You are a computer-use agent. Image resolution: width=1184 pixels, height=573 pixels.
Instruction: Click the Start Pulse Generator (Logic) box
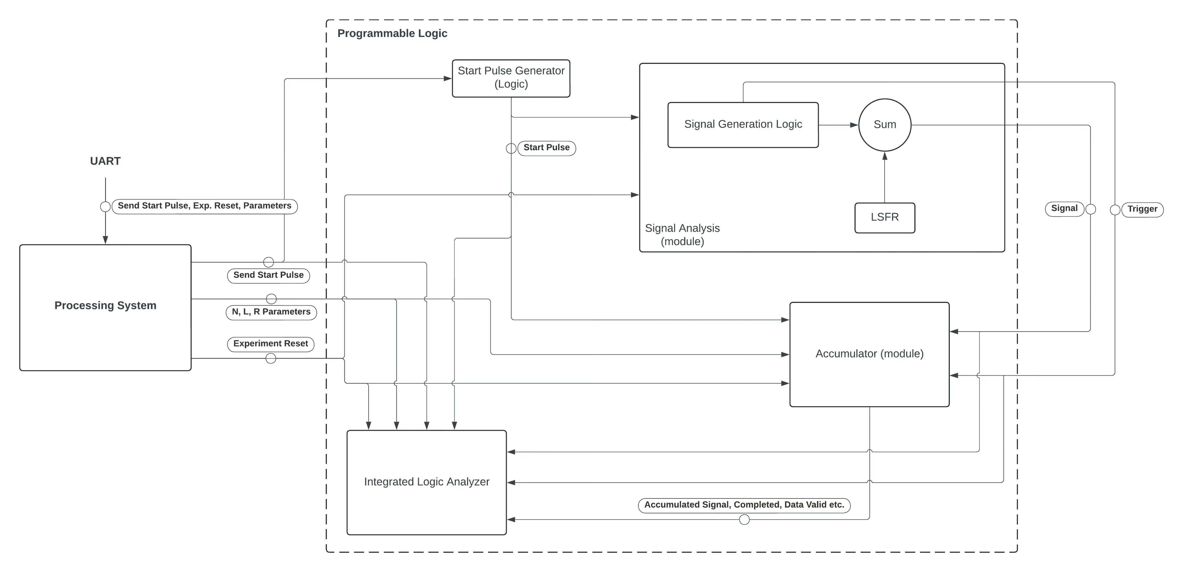511,78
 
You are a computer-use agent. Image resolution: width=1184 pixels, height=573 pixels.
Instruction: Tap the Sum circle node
884,125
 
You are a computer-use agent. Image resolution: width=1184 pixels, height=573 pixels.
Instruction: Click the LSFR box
884,217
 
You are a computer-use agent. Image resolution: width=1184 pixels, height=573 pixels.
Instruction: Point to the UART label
105,161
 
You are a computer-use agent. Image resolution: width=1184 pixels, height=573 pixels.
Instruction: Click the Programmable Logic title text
392,34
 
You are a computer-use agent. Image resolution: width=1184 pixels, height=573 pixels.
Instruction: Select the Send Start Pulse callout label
269,275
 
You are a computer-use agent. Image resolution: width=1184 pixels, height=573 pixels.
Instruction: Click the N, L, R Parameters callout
271,312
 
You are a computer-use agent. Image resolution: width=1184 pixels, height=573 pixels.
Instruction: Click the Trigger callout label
1142,209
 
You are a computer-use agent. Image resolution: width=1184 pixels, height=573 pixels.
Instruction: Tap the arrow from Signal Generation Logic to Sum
837,125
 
